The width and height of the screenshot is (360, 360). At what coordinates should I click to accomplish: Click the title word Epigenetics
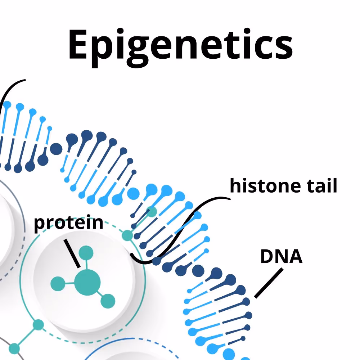pos(180,45)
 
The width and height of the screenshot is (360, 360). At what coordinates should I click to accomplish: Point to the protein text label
pos(68,224)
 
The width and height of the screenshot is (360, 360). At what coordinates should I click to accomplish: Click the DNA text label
pos(281,257)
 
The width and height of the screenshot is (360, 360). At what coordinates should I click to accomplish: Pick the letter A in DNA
pos(295,257)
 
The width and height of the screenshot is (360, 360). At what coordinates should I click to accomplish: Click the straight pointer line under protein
pos(72,254)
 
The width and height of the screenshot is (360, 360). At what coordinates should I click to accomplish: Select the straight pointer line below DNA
pos(268,284)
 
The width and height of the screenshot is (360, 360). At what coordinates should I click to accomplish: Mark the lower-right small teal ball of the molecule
pos(108,301)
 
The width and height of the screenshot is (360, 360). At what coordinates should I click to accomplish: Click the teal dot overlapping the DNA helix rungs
pos(152,211)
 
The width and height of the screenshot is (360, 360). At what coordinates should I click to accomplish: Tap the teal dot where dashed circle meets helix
pos(127,235)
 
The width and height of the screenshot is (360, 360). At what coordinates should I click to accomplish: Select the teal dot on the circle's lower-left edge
pos(38,325)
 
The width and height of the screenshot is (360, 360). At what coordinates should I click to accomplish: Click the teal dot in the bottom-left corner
pos(14,348)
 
